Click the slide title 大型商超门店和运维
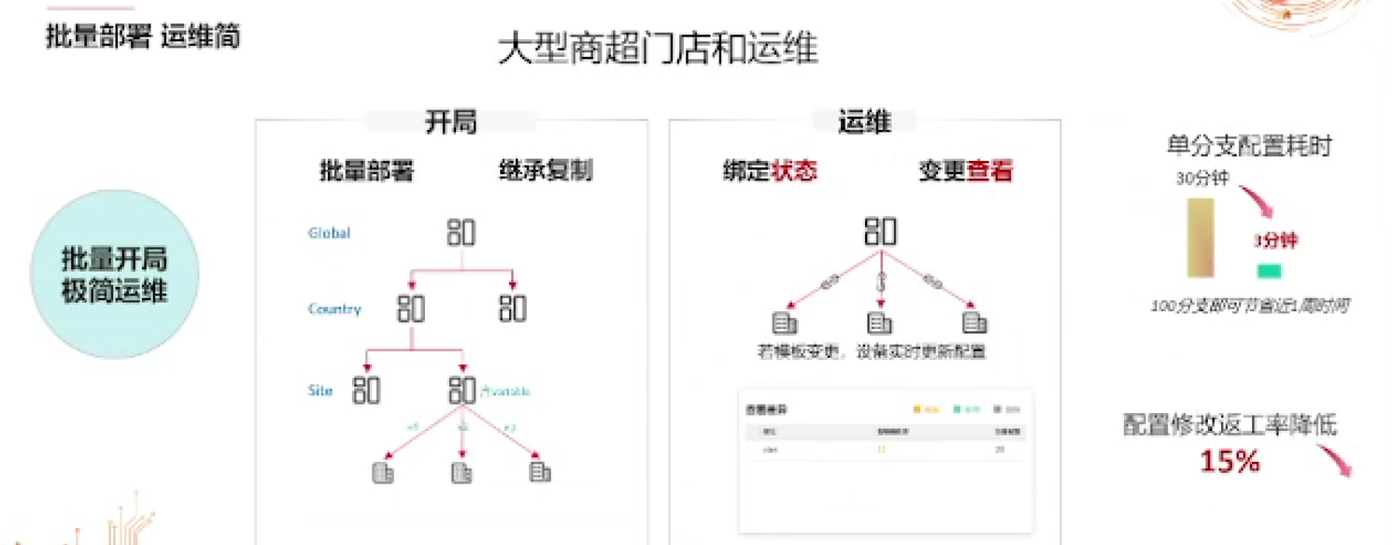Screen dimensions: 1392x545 click(658, 50)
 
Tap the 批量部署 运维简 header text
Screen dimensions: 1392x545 click(143, 36)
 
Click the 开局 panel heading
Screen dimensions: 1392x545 click(450, 122)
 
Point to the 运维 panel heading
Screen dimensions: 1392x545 click(864, 122)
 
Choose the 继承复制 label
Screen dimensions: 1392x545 click(546, 171)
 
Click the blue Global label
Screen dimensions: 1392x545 click(329, 233)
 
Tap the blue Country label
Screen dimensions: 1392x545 click(334, 308)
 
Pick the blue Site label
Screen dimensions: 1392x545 click(320, 390)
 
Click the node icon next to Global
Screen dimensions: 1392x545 click(461, 232)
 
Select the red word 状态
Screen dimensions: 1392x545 click(794, 171)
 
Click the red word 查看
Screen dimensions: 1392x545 click(990, 171)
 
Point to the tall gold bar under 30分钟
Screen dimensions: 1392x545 click(1200, 237)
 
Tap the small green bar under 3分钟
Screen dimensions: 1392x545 click(1270, 271)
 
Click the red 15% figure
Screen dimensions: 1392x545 click(1229, 461)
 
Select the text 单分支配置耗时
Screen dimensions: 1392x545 click(1248, 146)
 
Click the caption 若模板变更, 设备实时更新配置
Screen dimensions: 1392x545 click(871, 352)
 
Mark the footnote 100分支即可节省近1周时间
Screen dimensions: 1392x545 click(1249, 306)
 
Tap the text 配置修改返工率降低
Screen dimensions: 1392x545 click(1229, 426)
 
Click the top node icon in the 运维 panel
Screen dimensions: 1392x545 click(880, 231)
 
